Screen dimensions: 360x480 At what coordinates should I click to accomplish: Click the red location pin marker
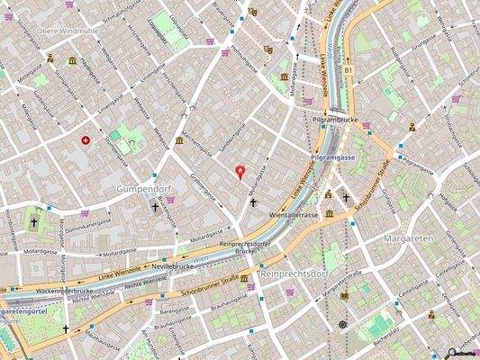tap(240, 171)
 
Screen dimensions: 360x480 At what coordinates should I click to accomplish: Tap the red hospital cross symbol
tap(86, 140)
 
